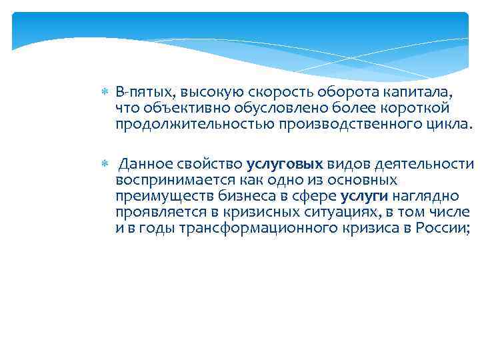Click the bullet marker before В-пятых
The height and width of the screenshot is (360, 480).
pos(103,91)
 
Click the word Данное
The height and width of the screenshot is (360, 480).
pos(146,164)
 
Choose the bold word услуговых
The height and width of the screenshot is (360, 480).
pos(285,164)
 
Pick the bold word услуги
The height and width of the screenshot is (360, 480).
pos(364,196)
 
